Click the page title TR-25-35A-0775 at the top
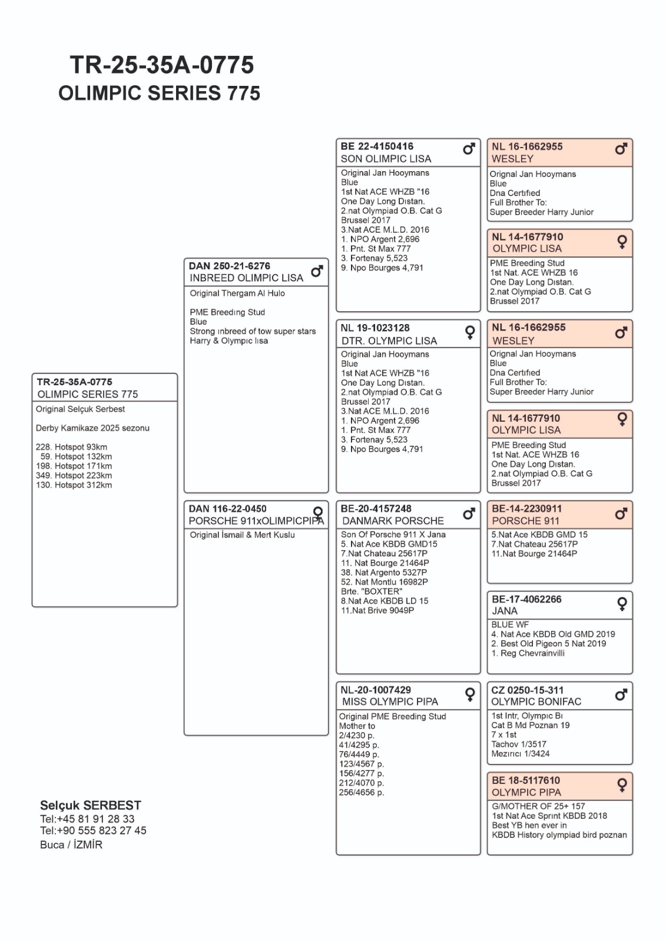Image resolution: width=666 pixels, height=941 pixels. point(162,65)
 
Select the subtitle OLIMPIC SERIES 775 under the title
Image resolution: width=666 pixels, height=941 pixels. point(159,93)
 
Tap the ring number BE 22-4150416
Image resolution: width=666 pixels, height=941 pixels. point(377,146)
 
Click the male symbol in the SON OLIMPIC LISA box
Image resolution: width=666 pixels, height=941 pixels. point(469,149)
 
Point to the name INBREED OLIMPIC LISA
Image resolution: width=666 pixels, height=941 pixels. point(246,278)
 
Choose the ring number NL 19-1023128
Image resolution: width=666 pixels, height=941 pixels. point(375,328)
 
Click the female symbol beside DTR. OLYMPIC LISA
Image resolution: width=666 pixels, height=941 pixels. point(470,333)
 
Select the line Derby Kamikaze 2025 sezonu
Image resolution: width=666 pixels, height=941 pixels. point(92,428)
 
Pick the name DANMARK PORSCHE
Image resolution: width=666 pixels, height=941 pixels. point(393,521)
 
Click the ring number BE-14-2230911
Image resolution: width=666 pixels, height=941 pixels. point(526,509)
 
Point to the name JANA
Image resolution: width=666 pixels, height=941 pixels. point(505,611)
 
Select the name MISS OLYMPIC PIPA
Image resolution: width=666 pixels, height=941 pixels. point(390,702)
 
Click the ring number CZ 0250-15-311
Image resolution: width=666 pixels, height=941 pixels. point(528,690)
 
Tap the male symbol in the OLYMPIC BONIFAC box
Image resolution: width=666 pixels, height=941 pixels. point(621,695)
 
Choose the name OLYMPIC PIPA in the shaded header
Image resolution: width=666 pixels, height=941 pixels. point(526,793)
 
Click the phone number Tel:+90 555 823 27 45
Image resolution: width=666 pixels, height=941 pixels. point(93,830)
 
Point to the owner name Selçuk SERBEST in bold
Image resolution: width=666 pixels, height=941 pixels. point(91,805)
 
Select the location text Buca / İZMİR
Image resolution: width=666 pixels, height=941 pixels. point(71,845)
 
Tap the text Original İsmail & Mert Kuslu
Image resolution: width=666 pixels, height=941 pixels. point(242,535)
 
